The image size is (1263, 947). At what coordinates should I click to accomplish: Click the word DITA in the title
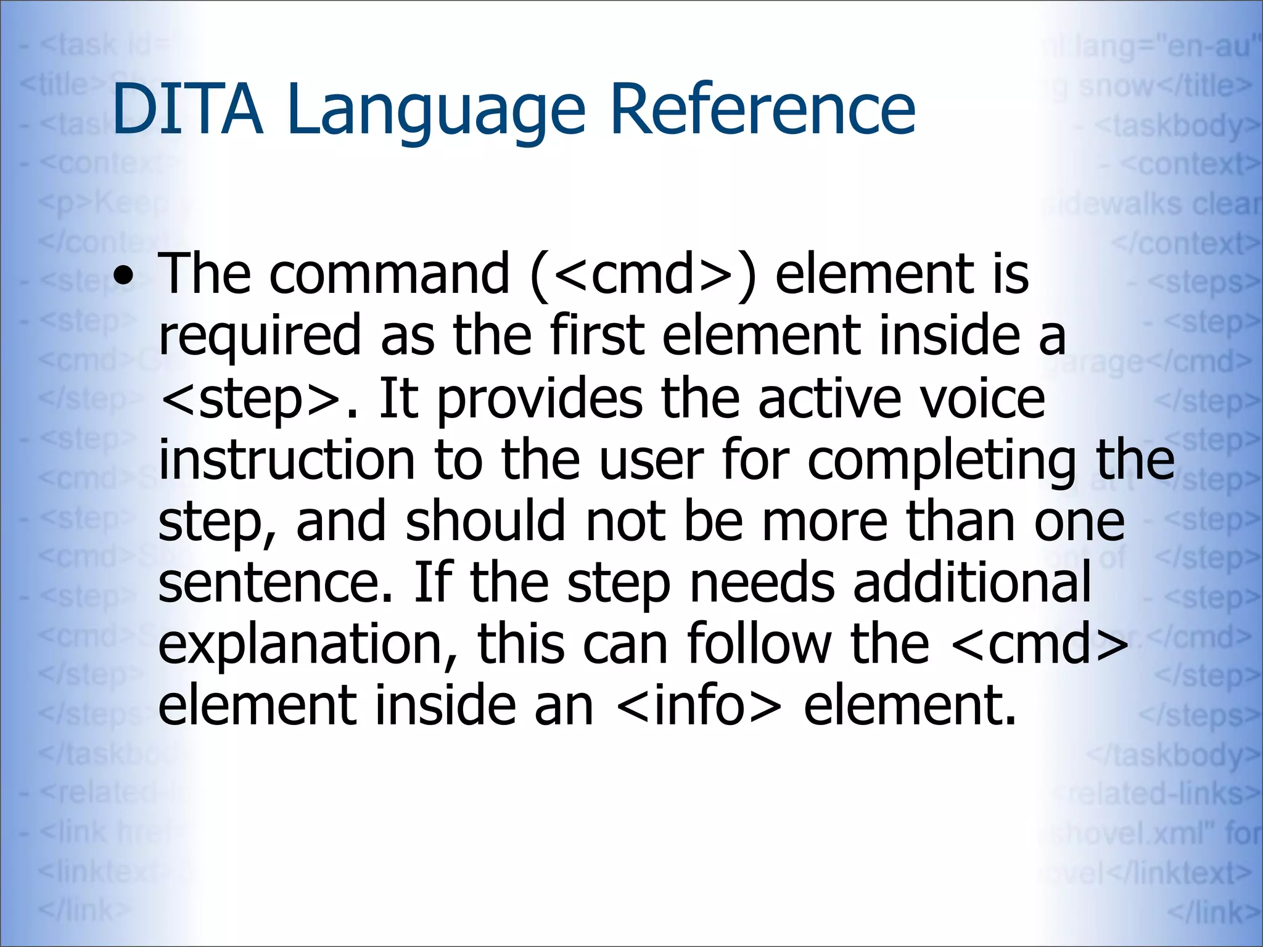187,110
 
